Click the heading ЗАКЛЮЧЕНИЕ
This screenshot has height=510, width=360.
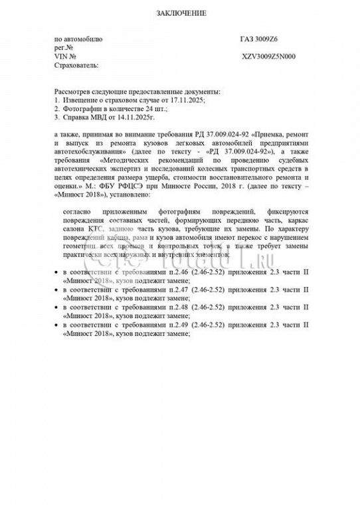click(181, 13)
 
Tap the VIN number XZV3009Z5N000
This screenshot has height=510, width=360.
click(269, 56)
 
